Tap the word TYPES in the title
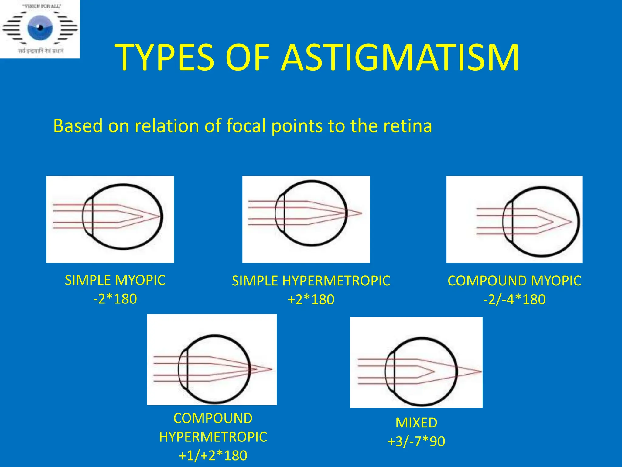tap(165, 58)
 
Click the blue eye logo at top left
tap(40, 28)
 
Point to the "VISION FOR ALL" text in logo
tap(42, 6)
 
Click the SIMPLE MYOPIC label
tap(115, 280)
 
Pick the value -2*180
tap(115, 299)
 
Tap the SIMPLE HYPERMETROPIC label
tap(311, 281)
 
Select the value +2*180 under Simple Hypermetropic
tap(311, 299)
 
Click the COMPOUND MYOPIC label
tap(514, 281)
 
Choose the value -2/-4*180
tap(514, 299)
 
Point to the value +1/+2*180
tap(213, 455)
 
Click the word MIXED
tap(416, 423)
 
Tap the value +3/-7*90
tap(416, 441)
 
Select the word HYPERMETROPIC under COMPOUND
tap(213, 437)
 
